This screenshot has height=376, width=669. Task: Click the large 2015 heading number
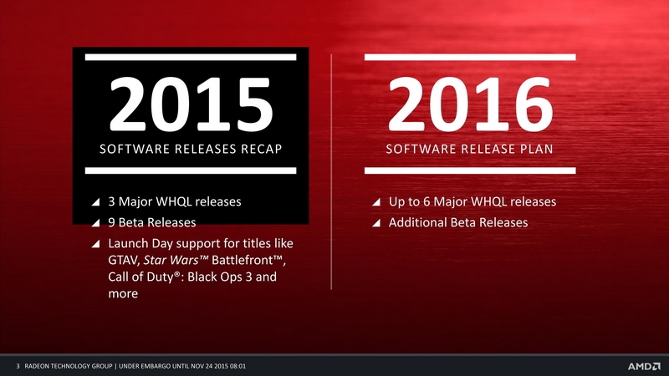click(x=191, y=104)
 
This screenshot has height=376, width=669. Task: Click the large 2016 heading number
click(x=470, y=104)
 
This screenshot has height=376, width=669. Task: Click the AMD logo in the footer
click(x=644, y=366)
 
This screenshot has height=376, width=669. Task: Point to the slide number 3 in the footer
click(x=18, y=366)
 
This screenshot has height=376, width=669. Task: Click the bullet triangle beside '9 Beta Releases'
click(x=95, y=223)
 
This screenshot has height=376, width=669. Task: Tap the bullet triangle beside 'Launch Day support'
click(x=95, y=244)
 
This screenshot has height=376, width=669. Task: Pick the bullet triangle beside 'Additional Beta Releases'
click(x=375, y=223)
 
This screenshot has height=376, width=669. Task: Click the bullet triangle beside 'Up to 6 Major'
click(x=375, y=202)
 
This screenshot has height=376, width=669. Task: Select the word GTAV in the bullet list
click(x=123, y=260)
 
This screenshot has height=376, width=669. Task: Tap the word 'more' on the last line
click(x=123, y=294)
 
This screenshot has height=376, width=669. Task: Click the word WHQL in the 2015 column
click(x=175, y=201)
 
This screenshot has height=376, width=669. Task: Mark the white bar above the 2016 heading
click(x=470, y=57)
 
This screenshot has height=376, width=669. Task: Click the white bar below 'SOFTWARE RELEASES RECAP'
click(x=191, y=170)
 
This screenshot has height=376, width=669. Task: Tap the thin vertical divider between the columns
click(x=331, y=172)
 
